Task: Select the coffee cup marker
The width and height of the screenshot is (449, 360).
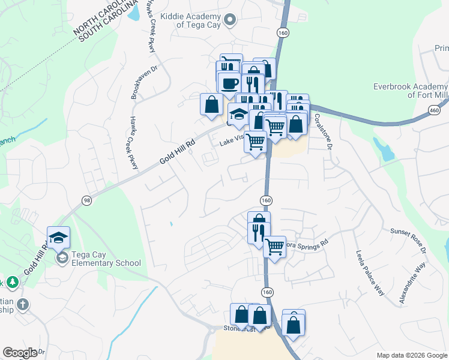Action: coord(229,82)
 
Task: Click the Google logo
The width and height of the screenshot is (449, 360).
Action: coord(20,353)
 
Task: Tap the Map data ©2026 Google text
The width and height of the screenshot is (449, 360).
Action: coord(412,355)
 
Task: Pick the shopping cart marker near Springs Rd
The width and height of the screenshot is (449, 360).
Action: coord(274,245)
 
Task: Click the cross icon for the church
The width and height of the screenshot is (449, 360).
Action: coord(23,304)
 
